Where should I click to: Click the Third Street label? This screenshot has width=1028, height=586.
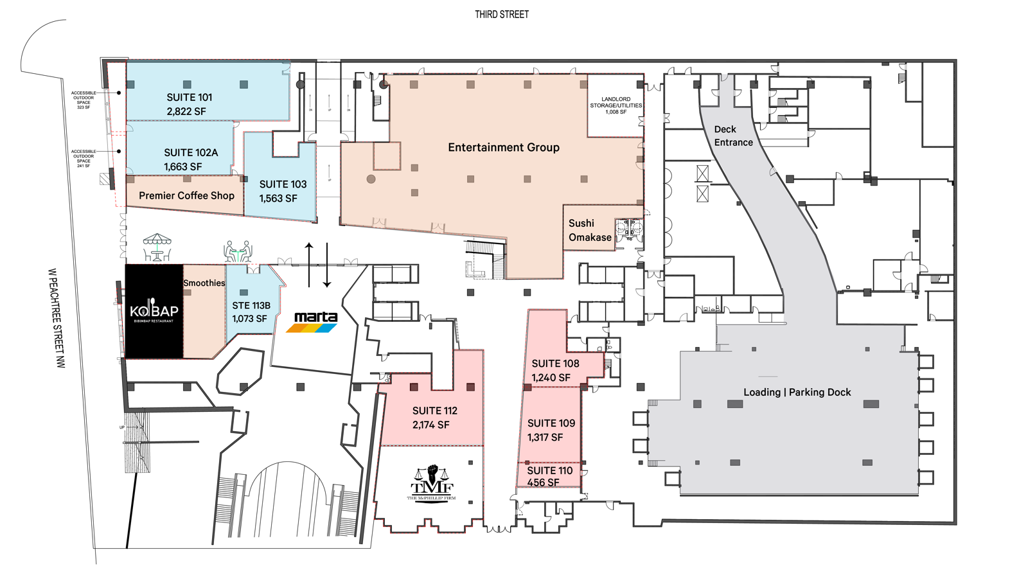pyautogui.click(x=502, y=14)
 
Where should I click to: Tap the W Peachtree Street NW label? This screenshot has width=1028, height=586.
pyautogui.click(x=58, y=318)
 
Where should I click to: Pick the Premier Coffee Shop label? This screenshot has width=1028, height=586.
pyautogui.click(x=186, y=195)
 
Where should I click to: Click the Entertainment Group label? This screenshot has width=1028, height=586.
pyautogui.click(x=504, y=147)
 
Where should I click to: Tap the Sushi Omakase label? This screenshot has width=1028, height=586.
pyautogui.click(x=589, y=230)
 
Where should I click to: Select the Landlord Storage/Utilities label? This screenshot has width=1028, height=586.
pyautogui.click(x=616, y=105)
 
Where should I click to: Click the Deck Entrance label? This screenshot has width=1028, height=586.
pyautogui.click(x=733, y=136)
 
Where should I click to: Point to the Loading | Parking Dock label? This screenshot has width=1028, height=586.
pyautogui.click(x=797, y=392)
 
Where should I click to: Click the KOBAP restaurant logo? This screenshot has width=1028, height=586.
pyautogui.click(x=154, y=311)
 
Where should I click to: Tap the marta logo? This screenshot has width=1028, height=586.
pyautogui.click(x=314, y=321)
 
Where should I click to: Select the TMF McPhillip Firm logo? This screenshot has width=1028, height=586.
pyautogui.click(x=431, y=484)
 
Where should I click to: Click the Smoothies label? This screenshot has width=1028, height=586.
pyautogui.click(x=204, y=283)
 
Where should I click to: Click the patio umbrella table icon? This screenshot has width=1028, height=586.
pyautogui.click(x=157, y=247)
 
